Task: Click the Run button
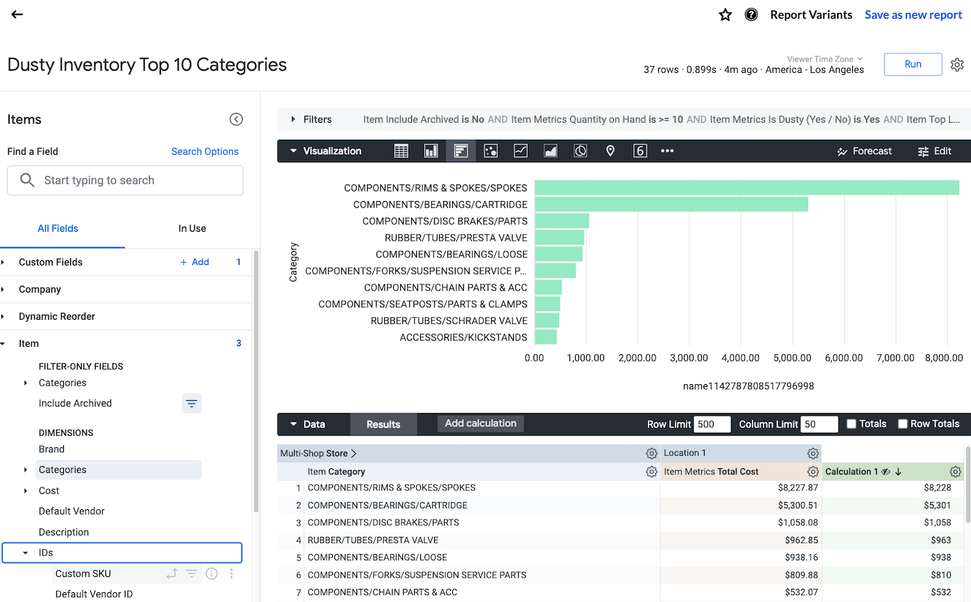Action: [913, 64]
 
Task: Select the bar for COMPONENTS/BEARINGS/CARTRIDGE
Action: [671, 205]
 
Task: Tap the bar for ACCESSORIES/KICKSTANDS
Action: [546, 337]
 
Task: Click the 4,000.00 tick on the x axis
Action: [741, 358]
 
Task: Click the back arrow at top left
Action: [17, 15]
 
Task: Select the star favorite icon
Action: [725, 15]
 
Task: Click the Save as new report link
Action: [913, 15]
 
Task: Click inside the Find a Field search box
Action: [125, 180]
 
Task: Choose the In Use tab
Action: [192, 228]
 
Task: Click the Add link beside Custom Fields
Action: [195, 262]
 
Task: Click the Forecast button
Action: [864, 151]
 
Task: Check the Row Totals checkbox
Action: [903, 424]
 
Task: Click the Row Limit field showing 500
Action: [711, 424]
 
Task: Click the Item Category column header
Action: [336, 472]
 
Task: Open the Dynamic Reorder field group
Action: [57, 316]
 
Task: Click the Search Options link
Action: [205, 151]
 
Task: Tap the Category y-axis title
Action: [293, 261]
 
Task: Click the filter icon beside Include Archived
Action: [191, 404]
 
